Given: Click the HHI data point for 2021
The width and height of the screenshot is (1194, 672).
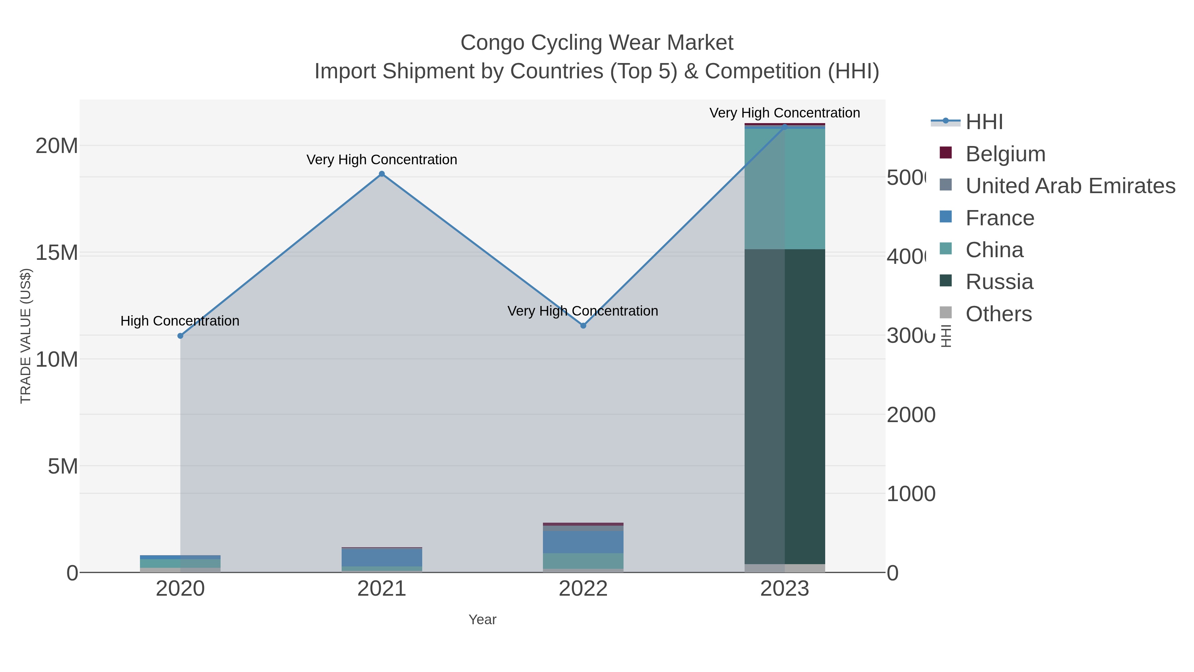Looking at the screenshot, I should coord(381,174).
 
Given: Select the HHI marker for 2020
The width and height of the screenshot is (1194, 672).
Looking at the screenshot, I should coord(180,336).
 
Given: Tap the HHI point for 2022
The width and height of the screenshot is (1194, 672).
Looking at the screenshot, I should coord(583,326).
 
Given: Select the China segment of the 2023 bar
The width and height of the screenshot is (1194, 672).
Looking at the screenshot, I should coord(784,189).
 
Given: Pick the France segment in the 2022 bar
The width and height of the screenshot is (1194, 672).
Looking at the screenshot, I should coord(583,542).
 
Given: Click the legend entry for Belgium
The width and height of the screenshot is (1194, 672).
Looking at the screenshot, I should coord(1005,154).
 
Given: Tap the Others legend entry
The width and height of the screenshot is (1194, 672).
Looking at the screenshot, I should coord(998,314).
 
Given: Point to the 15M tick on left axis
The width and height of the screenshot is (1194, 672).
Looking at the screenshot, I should coord(56,253).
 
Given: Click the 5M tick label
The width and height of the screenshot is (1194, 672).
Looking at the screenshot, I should coord(63,466).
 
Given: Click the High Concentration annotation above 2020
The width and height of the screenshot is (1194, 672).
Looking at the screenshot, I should coord(180,321).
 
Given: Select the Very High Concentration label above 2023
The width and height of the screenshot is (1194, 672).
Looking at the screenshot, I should coord(784,113).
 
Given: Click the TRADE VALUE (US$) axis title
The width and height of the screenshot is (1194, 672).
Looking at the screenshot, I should coord(26,336).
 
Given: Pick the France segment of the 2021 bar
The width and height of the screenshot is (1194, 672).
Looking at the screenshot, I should coord(381,557).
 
